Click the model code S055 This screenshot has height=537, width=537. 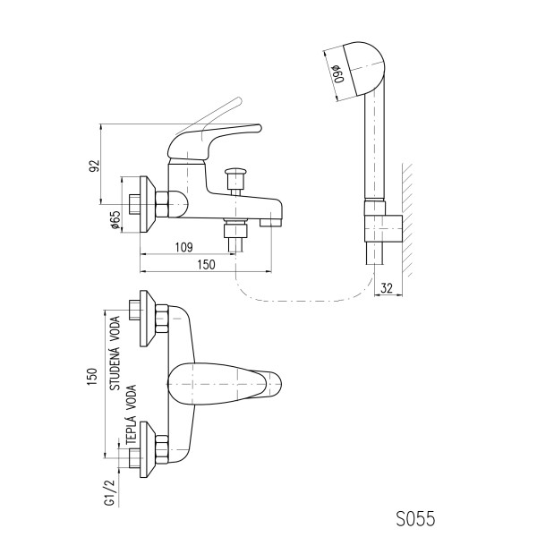pyautogui.click(x=415, y=518)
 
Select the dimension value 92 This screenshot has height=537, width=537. pyautogui.click(x=94, y=166)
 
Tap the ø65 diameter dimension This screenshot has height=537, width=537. pyautogui.click(x=115, y=220)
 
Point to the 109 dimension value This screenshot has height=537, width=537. pyautogui.click(x=183, y=247)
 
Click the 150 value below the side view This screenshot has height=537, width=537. pyautogui.click(x=206, y=264)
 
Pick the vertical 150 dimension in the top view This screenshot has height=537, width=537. pyautogui.click(x=92, y=377)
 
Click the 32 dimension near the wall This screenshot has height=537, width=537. pyautogui.click(x=387, y=288)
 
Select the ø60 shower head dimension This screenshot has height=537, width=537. pyautogui.click(x=338, y=73)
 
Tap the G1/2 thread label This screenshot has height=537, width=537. pyautogui.click(x=109, y=492)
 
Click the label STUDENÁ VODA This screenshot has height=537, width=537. pyautogui.click(x=115, y=354)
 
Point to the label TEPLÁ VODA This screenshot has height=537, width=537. pyautogui.click(x=132, y=415)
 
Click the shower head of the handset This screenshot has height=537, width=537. pyautogui.click(x=366, y=69)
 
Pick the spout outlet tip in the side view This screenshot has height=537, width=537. pyautogui.click(x=271, y=223)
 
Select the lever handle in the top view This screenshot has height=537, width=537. pyautogui.click(x=225, y=383)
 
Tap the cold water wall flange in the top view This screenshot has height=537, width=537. pyautogui.click(x=148, y=319)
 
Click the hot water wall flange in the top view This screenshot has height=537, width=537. pyautogui.click(x=148, y=449)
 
